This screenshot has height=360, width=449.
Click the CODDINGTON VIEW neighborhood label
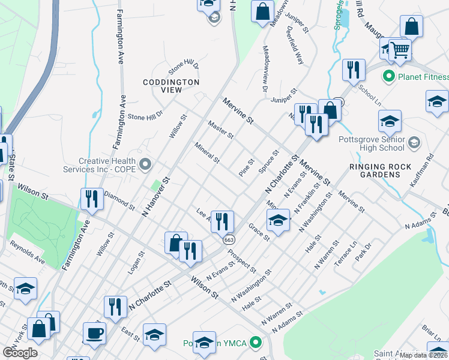(x=171, y=86)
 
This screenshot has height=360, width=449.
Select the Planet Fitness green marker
(x=388, y=77)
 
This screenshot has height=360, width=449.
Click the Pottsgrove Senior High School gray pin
(x=414, y=143)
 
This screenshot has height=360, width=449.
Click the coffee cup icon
(x=94, y=334)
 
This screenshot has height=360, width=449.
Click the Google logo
(x=20, y=353)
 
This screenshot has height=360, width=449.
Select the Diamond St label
(x=119, y=200)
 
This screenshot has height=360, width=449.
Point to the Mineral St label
(x=207, y=153)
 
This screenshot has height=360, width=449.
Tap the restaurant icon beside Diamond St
(x=91, y=199)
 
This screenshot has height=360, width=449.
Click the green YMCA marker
(x=256, y=343)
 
